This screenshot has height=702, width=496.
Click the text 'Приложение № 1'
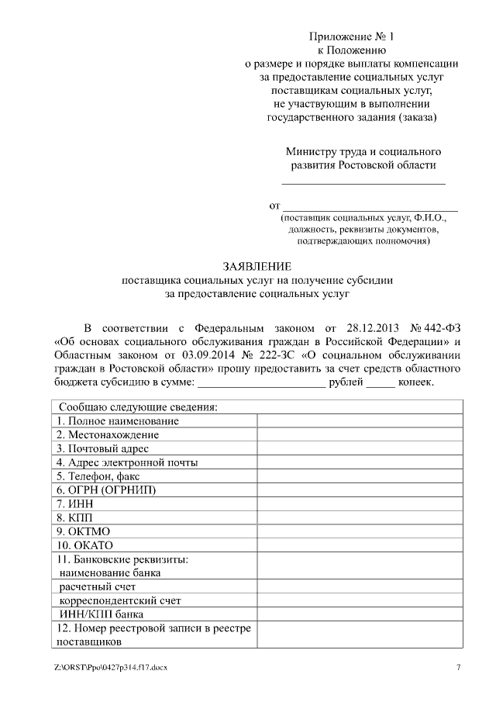click(352, 36)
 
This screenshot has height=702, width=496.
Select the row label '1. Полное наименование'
click(117, 420)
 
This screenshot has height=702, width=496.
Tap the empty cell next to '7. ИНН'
click(360, 504)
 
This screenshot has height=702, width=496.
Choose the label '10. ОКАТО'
click(84, 545)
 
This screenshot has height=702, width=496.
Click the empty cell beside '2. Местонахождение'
click(360, 434)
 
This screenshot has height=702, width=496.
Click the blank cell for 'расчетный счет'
click(360, 586)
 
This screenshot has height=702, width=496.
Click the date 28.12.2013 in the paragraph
click(375, 327)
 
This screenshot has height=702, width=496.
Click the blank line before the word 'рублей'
click(261, 383)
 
